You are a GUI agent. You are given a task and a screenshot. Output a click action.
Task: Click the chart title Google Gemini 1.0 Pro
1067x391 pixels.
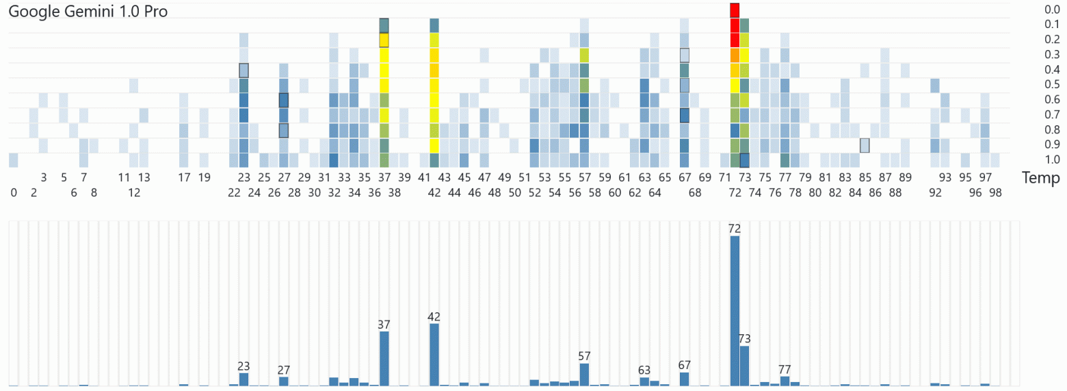(88, 11)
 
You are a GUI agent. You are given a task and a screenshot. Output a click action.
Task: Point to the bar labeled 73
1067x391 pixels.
(745, 366)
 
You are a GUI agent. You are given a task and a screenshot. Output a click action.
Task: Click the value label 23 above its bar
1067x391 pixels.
(244, 366)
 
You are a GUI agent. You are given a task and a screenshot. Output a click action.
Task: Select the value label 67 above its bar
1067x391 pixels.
(685, 365)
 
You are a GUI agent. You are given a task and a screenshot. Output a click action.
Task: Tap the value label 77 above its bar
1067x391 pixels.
(785, 370)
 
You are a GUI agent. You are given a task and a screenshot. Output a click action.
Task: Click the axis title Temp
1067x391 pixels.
(1040, 178)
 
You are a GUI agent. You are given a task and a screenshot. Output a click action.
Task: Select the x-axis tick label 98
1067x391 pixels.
(995, 192)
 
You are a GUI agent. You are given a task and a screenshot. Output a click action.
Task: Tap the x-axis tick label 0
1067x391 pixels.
(14, 192)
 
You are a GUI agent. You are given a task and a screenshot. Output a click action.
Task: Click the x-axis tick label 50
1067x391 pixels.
(514, 192)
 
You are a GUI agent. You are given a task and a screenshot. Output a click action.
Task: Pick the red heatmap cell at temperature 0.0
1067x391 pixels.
(735, 10)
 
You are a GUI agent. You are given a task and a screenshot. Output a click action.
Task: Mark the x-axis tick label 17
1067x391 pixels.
(184, 177)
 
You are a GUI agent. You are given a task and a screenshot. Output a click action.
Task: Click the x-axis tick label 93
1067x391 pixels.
(945, 177)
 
